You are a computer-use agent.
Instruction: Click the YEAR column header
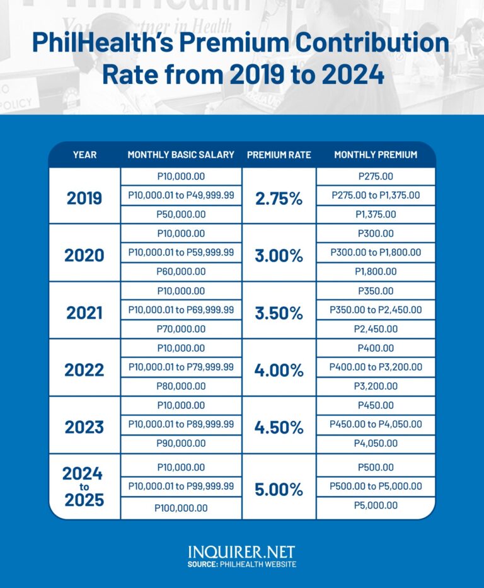click(84, 155)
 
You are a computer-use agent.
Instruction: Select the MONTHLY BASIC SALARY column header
click(181, 155)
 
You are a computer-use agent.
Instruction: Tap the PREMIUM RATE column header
click(279, 155)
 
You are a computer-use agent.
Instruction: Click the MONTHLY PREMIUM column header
click(376, 155)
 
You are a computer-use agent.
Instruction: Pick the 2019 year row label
click(84, 198)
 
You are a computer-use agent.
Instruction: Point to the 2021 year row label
click(84, 312)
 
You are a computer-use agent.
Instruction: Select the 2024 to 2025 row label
click(83, 487)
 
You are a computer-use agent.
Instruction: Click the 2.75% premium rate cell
click(279, 198)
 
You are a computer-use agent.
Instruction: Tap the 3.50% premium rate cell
click(279, 312)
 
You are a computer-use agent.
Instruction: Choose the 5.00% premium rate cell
click(279, 488)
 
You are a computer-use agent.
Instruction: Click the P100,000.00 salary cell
click(181, 508)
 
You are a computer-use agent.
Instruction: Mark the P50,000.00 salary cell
click(181, 214)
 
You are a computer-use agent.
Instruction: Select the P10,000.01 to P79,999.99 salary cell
click(181, 367)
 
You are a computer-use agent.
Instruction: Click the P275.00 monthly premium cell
click(376, 177)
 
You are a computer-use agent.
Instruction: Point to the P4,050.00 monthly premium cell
click(376, 444)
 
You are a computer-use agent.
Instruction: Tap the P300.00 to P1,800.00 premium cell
click(376, 252)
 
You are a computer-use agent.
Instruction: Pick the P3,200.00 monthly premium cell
click(376, 386)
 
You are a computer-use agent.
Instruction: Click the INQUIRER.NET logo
click(241, 552)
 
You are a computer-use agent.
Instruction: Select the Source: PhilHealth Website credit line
click(241, 565)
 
